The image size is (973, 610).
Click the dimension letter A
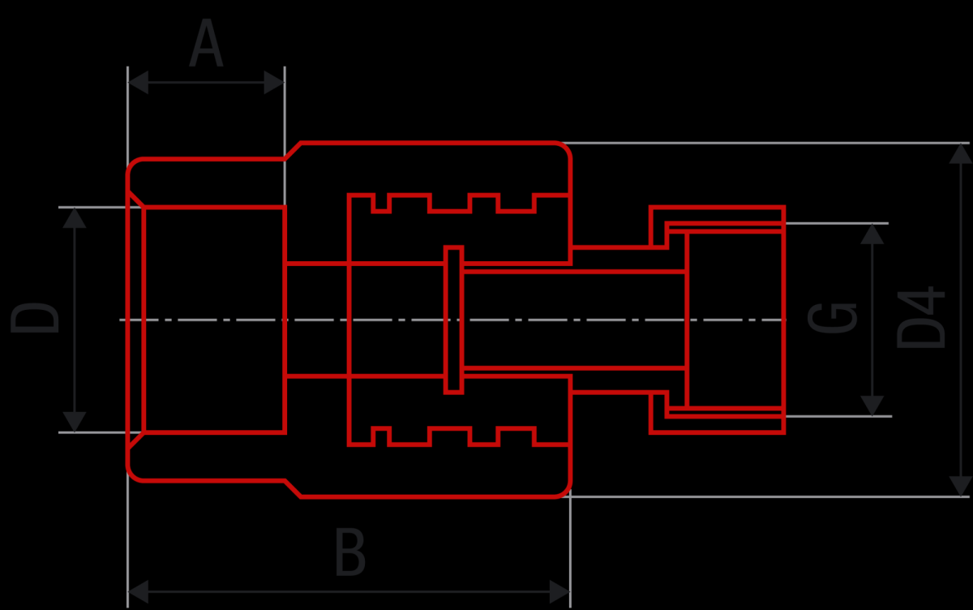206,42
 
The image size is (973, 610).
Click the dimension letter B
350,552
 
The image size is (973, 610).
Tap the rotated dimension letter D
35,319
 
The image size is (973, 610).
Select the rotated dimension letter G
832,318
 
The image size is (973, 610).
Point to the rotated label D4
921,317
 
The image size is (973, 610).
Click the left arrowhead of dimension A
138,82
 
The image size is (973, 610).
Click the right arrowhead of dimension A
274,82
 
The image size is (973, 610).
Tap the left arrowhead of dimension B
138,591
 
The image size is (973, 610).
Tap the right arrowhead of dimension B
559,591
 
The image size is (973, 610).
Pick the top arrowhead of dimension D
75,218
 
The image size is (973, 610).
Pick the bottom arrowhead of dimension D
75,422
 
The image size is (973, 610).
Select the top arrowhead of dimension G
872,234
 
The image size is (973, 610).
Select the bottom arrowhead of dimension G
872,406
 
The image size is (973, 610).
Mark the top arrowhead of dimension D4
960,154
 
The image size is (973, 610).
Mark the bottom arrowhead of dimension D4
960,486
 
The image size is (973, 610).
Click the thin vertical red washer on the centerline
453,320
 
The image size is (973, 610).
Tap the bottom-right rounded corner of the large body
564,491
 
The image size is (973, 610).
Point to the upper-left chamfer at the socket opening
135,198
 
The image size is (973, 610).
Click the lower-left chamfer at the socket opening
135,440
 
